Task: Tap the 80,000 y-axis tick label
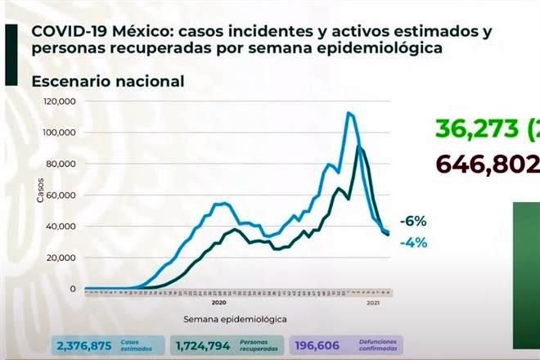(61, 164)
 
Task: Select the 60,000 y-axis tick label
(61, 195)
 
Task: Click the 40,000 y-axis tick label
(61, 226)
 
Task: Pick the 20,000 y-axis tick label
(61, 258)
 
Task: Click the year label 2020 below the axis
(218, 304)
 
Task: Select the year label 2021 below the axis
(372, 304)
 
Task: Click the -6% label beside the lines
(414, 222)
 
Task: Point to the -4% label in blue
(414, 242)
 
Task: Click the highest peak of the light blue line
(349, 113)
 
